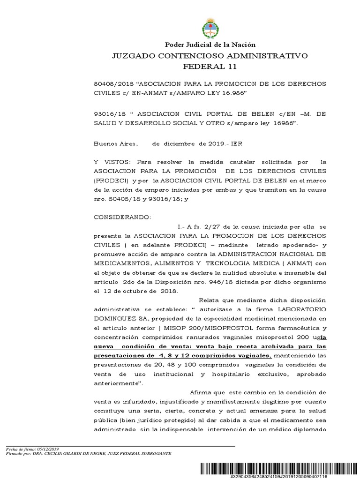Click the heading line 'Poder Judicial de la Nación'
(209, 45)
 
